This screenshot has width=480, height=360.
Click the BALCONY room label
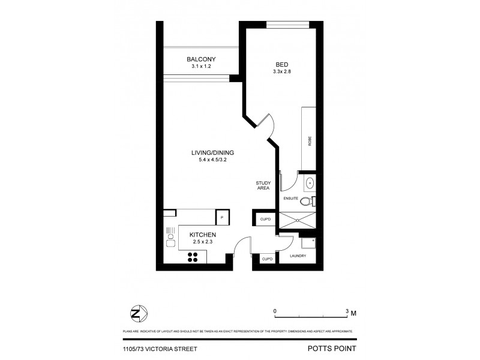coord(200,59)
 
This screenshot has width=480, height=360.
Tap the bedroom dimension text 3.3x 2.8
coord(281,72)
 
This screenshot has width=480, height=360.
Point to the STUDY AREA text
coord(262,185)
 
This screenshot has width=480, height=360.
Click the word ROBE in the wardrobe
coord(310,142)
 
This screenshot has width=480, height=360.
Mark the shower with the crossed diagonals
coord(297,219)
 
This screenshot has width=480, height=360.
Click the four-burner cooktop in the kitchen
coord(194,256)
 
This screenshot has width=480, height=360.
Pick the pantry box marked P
coord(221,217)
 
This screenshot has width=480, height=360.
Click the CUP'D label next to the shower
coord(266,220)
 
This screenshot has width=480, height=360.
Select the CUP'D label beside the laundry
coord(268,259)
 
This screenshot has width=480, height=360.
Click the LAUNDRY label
coord(298,256)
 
